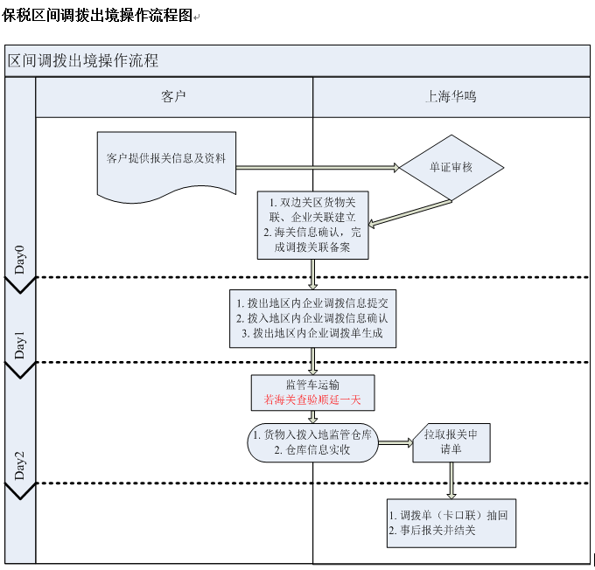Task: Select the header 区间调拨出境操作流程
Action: (83, 60)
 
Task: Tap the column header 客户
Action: (174, 97)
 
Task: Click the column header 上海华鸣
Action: (451, 97)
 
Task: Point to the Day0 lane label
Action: (20, 260)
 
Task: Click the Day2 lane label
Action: (20, 466)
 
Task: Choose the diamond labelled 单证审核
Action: (451, 167)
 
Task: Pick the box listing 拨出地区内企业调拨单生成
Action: (312, 317)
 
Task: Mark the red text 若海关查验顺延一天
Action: (312, 400)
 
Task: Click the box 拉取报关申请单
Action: (451, 442)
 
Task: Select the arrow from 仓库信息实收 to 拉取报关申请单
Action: (395, 443)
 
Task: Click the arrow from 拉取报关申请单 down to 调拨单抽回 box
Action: (451, 480)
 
